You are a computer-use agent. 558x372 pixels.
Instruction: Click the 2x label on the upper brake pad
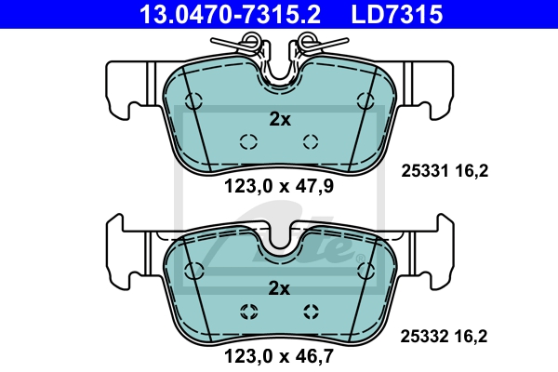click(x=279, y=119)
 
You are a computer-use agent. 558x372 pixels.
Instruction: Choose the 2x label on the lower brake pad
click(x=279, y=288)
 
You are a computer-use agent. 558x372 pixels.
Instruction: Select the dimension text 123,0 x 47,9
click(x=279, y=185)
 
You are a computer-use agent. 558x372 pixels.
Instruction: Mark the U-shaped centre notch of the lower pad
click(x=278, y=240)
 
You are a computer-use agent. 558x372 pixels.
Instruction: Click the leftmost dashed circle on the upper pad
click(x=194, y=101)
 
